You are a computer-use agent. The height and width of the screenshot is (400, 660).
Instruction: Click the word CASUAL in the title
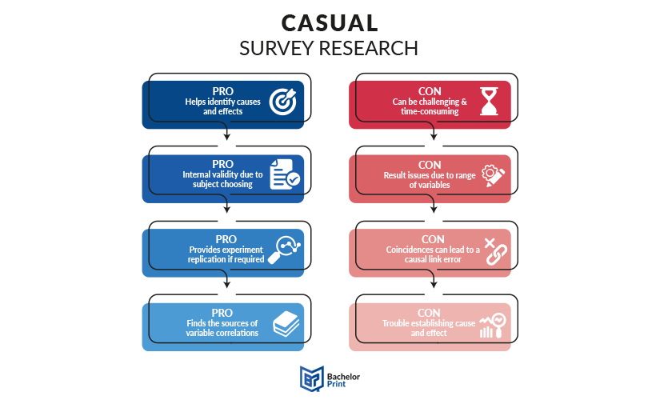point(330,23)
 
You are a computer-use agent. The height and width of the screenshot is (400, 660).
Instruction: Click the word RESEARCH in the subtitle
point(368,49)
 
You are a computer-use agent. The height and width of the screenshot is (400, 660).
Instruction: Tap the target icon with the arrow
point(283,102)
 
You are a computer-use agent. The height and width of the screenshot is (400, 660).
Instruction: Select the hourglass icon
point(489,102)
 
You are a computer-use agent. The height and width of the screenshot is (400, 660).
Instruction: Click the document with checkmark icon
point(285,174)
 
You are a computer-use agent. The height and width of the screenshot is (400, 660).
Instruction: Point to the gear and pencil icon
point(493,175)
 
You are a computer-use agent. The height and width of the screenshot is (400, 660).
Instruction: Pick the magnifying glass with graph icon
point(284,250)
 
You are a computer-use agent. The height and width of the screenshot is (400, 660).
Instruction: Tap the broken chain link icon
point(495,251)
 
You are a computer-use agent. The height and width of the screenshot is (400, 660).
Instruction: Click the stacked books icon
point(286,324)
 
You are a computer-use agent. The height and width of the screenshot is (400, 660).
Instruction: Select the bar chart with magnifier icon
point(493,326)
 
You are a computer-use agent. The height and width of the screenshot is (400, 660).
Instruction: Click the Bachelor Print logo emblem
point(312,378)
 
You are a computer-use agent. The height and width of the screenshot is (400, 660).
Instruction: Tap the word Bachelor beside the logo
point(343,377)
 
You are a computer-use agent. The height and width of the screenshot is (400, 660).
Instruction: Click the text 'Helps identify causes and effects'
point(222,106)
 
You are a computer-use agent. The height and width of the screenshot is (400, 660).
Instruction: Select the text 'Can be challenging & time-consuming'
point(430,106)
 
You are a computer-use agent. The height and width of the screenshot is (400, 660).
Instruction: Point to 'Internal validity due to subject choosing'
point(222,179)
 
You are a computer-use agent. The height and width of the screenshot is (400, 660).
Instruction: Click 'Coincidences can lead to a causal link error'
point(433,254)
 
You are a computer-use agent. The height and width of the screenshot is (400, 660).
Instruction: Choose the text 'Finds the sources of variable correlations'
point(222,328)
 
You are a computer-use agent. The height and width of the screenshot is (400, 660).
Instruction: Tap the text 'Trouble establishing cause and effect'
point(429,328)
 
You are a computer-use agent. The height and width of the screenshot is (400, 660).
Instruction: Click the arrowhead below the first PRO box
point(227,137)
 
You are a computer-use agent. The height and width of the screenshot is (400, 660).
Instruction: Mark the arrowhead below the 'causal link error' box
point(434,285)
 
